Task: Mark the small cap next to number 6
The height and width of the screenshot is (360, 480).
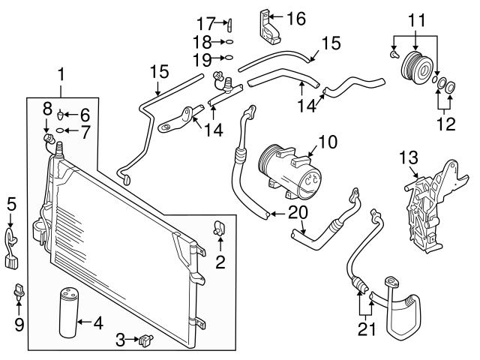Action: point(64,115)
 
